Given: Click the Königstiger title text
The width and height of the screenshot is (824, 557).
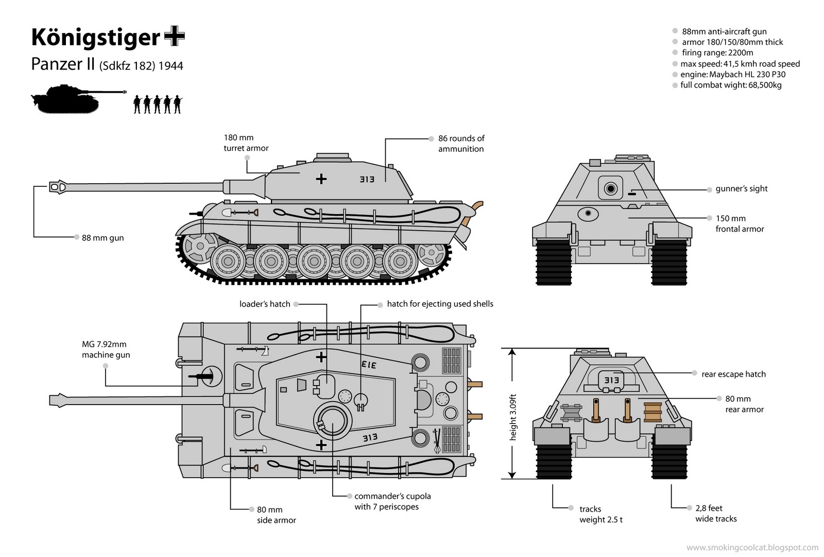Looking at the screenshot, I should coord(96,38).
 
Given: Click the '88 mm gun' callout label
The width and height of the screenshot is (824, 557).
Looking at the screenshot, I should coord(102,238).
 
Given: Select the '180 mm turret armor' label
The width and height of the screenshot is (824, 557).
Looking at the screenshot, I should coord(246,143).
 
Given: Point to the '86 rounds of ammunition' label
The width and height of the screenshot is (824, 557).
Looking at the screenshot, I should coord(461,144).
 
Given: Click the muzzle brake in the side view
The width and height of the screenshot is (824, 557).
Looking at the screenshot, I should coord(58,187).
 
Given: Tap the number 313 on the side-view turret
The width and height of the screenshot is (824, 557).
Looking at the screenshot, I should coord(367,179).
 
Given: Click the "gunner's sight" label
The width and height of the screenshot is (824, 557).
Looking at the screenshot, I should coord(741,189).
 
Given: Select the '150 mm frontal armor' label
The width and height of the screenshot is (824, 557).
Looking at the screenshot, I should coord(739,224).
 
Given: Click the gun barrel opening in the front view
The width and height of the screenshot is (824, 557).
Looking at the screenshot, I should coord(611,188).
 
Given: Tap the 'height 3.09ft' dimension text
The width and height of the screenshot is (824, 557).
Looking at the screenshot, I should coord(513,417).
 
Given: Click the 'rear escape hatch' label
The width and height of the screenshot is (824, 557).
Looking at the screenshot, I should coord(733,374).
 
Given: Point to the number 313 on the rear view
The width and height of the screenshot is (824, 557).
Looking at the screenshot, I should coord(611,380).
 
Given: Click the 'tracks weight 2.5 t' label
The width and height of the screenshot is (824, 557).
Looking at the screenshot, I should coord(600,514).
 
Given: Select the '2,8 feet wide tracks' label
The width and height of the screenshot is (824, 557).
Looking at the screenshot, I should coord(715,514).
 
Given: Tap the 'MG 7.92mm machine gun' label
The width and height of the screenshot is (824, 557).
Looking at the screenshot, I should coord(106,350).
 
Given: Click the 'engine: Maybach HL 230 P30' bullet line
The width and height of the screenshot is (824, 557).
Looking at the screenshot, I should coord(732,74).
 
